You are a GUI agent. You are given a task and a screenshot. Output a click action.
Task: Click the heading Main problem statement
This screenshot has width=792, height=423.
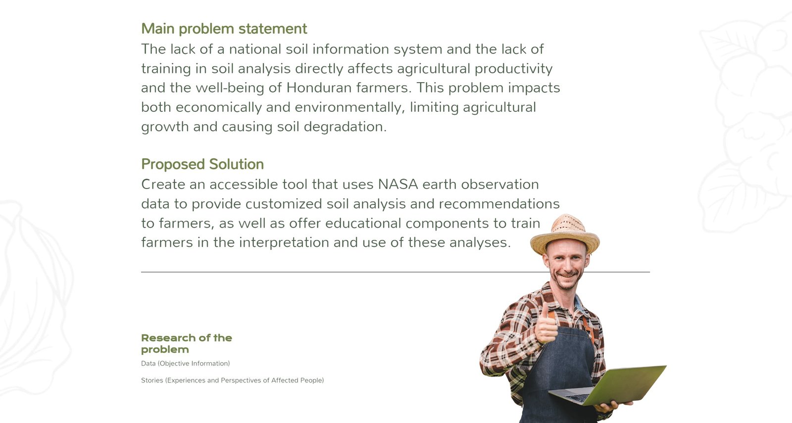[224, 29]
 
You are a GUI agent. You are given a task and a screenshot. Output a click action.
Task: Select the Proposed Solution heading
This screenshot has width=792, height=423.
[202, 164]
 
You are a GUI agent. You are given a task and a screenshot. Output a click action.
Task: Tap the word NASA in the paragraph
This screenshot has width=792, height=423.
[398, 184]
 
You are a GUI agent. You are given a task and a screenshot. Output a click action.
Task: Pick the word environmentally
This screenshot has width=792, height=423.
[350, 107]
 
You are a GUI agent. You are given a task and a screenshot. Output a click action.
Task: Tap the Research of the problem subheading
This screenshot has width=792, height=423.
[186, 343]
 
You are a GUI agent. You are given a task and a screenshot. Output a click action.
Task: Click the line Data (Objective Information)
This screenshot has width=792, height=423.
[185, 363]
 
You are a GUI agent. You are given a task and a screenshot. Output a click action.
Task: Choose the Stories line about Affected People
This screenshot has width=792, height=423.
[232, 380]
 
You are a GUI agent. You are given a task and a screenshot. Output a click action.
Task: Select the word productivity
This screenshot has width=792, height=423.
[513, 69]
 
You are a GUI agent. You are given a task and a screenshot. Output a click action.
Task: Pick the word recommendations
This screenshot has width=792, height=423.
[499, 204]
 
